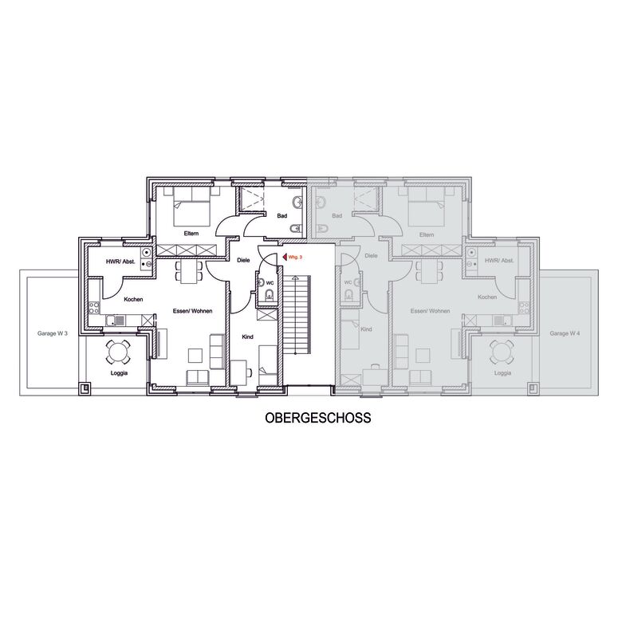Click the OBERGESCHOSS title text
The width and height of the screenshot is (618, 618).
[x=317, y=418]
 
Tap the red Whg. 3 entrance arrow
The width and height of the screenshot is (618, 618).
[x=285, y=258]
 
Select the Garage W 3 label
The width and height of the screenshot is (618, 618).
[x=53, y=333]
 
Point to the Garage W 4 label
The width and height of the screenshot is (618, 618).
[x=565, y=333]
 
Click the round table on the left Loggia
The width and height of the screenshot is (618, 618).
[x=118, y=351]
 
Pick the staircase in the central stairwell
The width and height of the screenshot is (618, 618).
[x=297, y=314]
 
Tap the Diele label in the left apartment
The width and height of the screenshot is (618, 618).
[x=243, y=260]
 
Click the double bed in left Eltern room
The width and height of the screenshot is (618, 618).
[x=191, y=205]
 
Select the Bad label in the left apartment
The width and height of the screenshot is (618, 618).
[x=281, y=216]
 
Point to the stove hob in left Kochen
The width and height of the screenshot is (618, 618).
[x=94, y=308]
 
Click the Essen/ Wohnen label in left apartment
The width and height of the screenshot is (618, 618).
[x=192, y=311]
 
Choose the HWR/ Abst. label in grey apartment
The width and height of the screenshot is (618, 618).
[x=499, y=261]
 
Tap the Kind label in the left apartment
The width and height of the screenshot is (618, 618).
[x=247, y=337]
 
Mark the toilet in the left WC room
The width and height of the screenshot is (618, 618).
[x=270, y=294]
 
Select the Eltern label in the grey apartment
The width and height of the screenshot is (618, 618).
[x=427, y=235]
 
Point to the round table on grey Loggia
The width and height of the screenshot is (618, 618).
[x=502, y=351]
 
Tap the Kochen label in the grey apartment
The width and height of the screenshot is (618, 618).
[x=487, y=297]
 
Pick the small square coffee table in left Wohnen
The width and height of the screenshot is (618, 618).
[x=195, y=356]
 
